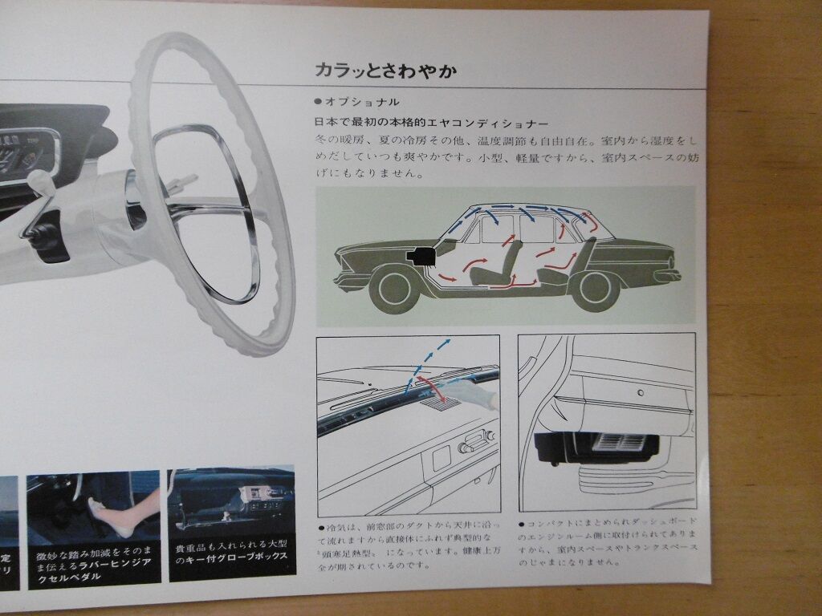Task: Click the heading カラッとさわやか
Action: click(386, 71)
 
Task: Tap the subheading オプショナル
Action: click(360, 102)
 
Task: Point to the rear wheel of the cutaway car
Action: click(595, 289)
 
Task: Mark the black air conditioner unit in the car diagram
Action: click(421, 257)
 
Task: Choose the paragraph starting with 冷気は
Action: click(406, 546)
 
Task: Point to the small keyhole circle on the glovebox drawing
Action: click(640, 394)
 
